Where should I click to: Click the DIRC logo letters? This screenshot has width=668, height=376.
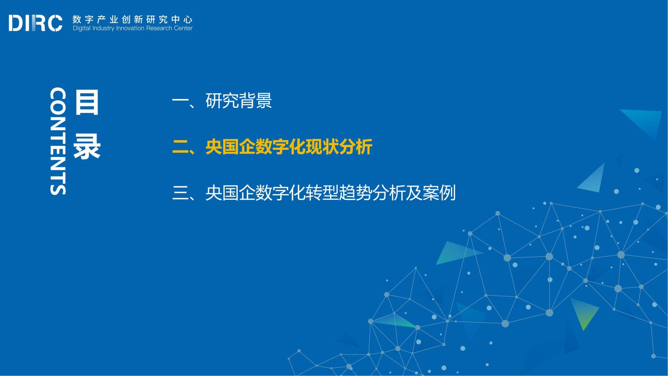pos(35,23)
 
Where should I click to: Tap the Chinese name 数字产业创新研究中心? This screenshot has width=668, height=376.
pos(133,19)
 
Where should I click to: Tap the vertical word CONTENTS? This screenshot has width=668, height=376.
pos(58,141)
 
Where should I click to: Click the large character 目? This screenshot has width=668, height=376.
pos(87,102)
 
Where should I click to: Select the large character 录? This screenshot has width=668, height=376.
pos(87,146)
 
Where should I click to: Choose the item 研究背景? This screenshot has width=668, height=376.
pos(239,101)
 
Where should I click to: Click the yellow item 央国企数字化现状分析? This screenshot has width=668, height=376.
pos(289,147)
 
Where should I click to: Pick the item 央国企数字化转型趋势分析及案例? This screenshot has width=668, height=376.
pos(331,193)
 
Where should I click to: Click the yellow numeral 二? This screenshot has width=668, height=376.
pos(180,147)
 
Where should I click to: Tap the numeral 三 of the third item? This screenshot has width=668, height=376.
pos(180,193)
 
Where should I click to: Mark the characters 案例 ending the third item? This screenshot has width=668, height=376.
pos(439,193)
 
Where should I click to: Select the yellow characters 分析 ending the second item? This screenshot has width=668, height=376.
pos(356,147)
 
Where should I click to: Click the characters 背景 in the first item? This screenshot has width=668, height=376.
pos(255,101)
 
